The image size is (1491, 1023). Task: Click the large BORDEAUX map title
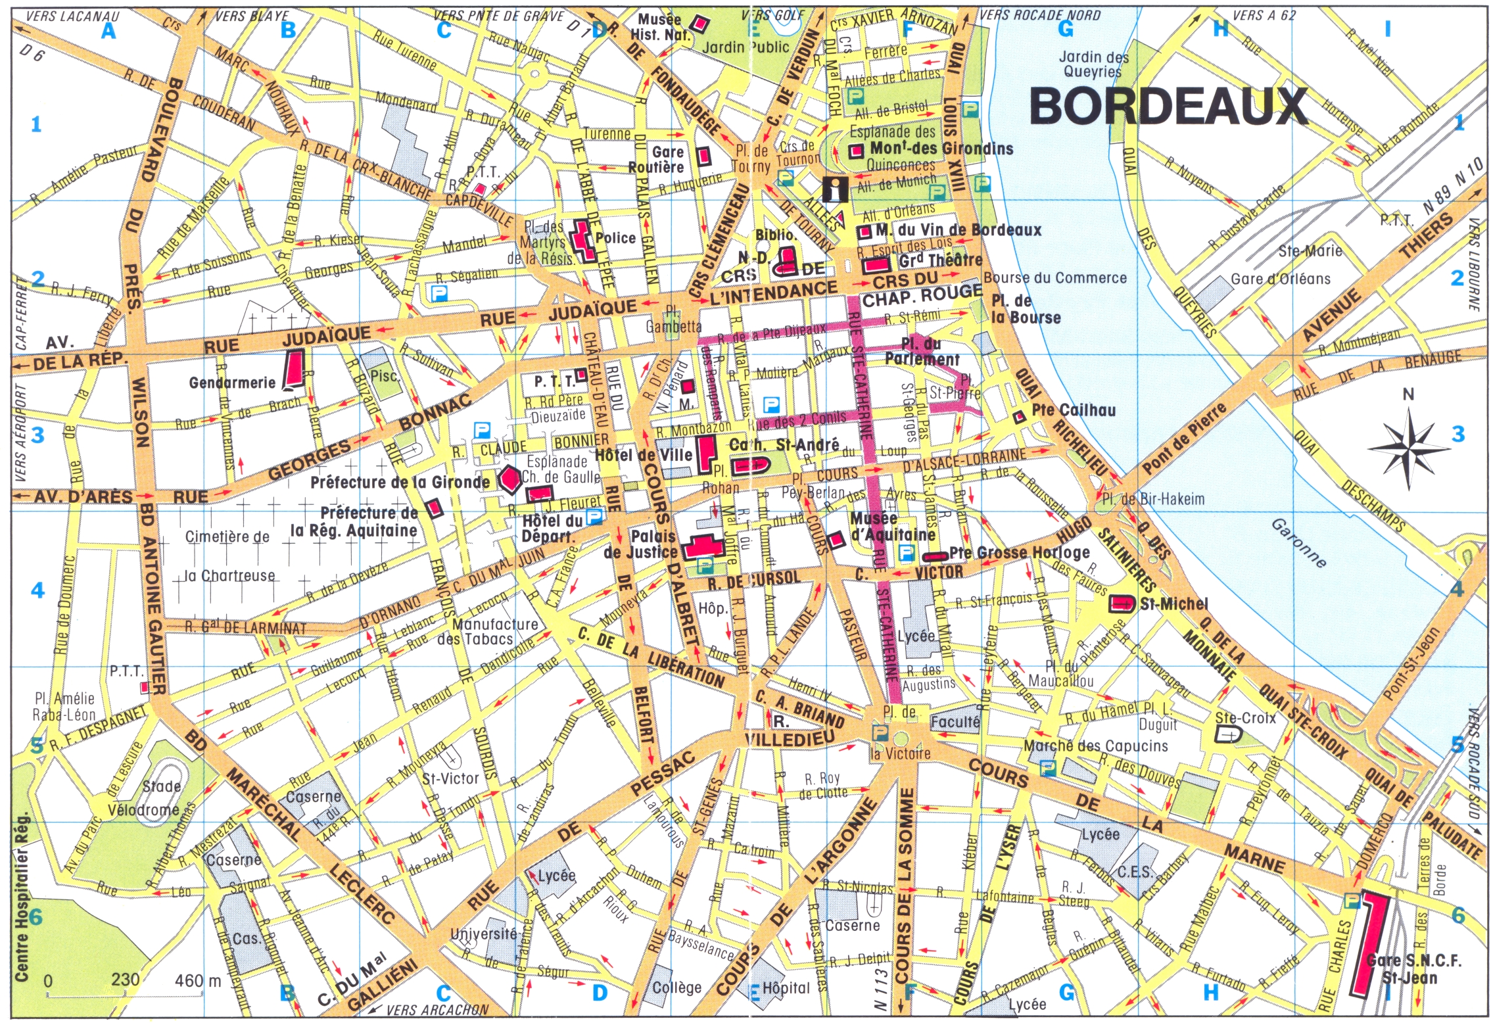pos(1168,107)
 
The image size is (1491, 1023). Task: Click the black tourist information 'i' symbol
pos(836,189)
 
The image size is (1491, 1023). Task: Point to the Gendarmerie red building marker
pos(295,369)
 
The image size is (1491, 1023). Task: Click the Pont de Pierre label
pos(1184,439)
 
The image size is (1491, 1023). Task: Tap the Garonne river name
pos(1299,543)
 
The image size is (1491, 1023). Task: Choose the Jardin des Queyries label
pos(1093,64)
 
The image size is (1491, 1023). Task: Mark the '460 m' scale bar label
pos(198,981)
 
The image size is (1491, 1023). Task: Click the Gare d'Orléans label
pos(1280,279)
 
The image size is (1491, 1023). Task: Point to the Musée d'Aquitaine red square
pos(835,540)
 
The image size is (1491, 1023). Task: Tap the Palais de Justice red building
pos(704,546)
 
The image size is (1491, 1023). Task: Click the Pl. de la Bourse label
pos(1026,309)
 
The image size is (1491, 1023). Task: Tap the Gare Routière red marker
pos(703,155)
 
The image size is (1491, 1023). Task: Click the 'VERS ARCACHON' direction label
pos(437,1009)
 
